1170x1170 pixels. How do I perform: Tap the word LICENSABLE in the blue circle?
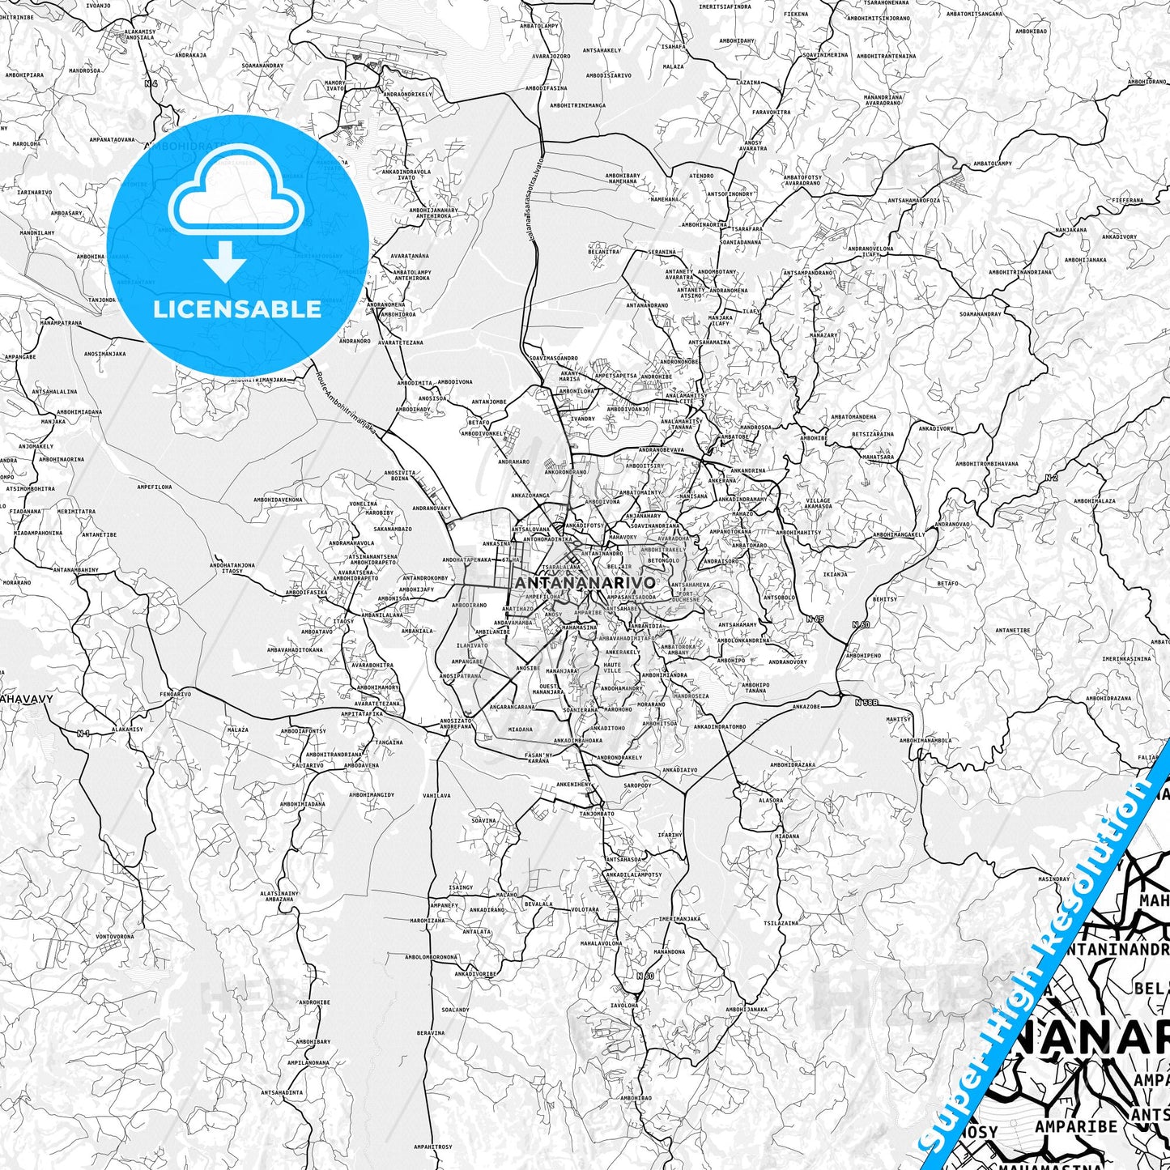pyautogui.click(x=237, y=309)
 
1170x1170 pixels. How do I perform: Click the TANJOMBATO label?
pyautogui.click(x=597, y=813)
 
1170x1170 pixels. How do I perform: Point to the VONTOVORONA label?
pyautogui.click(x=115, y=936)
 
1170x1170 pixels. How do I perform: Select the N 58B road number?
pyautogui.click(x=866, y=702)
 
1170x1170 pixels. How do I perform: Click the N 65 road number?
pyautogui.click(x=815, y=619)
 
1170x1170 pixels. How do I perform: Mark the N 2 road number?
pyautogui.click(x=1051, y=478)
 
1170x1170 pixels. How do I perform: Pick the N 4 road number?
pyautogui.click(x=151, y=83)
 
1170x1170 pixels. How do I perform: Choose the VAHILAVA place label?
pyautogui.click(x=436, y=795)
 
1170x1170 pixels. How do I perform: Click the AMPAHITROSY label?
pyautogui.click(x=433, y=1147)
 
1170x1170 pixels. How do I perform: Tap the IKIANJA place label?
pyautogui.click(x=835, y=574)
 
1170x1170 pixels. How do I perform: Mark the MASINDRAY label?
pyautogui.click(x=1054, y=879)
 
